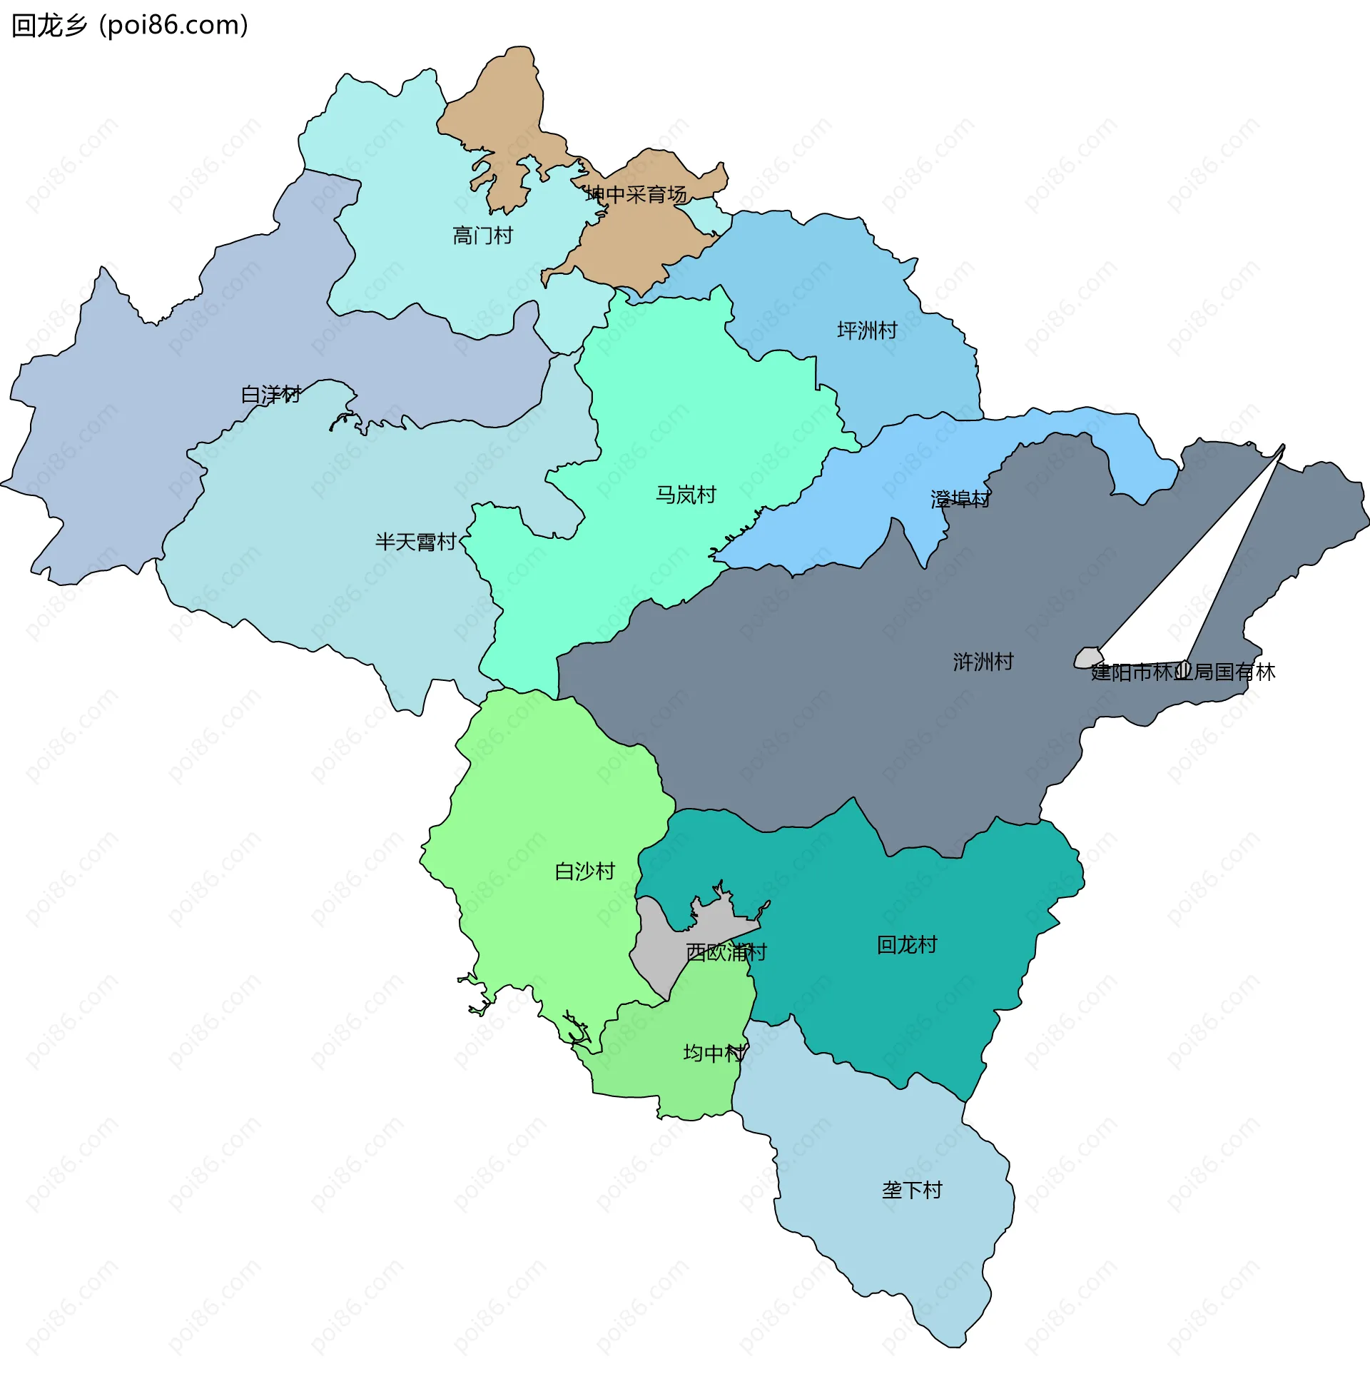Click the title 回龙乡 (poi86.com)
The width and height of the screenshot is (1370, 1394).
130,25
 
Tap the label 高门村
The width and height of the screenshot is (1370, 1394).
483,236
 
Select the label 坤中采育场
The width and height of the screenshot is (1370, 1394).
636,194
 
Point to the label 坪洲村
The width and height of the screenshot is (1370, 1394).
867,330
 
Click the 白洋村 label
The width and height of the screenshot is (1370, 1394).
270,395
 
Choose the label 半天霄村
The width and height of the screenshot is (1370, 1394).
416,542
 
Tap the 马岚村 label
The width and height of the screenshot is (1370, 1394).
686,495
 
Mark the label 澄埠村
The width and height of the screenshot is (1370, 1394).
960,499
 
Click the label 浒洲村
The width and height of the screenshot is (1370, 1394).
983,662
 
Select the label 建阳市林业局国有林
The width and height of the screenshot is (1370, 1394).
1183,672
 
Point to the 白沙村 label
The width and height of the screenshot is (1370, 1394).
585,872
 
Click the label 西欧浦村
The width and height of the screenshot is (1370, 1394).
726,953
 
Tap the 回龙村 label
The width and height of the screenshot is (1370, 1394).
907,945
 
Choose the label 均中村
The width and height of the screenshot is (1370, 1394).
714,1054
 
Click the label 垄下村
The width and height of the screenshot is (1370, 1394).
912,1191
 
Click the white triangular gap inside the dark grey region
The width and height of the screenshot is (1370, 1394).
1209,576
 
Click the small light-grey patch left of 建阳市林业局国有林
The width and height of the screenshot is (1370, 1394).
1087,657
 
